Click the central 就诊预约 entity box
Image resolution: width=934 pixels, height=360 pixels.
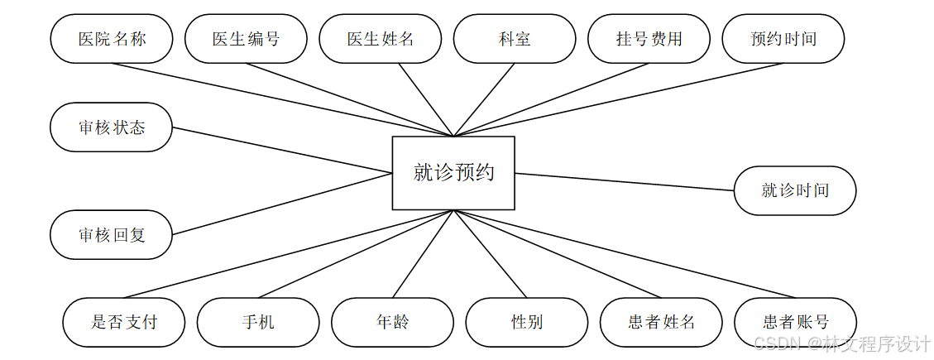(453, 173)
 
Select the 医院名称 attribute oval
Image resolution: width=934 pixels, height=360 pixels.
(112, 39)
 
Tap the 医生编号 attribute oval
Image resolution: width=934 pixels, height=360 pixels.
(246, 39)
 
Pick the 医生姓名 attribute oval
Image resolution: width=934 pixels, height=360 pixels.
(381, 39)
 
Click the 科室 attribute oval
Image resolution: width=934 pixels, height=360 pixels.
(515, 39)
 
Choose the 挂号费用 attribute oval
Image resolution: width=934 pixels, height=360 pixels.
(649, 39)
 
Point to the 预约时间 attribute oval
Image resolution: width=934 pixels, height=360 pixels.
(783, 39)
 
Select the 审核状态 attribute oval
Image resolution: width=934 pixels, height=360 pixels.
(112, 127)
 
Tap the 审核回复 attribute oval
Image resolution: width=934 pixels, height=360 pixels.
(112, 235)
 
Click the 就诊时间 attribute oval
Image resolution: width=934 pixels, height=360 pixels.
(795, 190)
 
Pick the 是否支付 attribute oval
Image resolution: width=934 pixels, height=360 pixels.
(124, 322)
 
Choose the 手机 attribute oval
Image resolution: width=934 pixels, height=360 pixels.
(258, 322)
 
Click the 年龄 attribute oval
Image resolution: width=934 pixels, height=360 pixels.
(392, 322)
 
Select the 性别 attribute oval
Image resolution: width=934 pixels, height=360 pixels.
(527, 322)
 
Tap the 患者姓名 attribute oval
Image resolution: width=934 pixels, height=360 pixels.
(661, 322)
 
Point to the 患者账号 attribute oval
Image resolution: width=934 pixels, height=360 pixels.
(795, 322)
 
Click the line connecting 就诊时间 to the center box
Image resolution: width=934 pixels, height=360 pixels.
(625, 182)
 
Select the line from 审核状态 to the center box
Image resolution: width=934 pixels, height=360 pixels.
(281, 150)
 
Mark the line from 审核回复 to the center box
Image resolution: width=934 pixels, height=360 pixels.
(281, 204)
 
